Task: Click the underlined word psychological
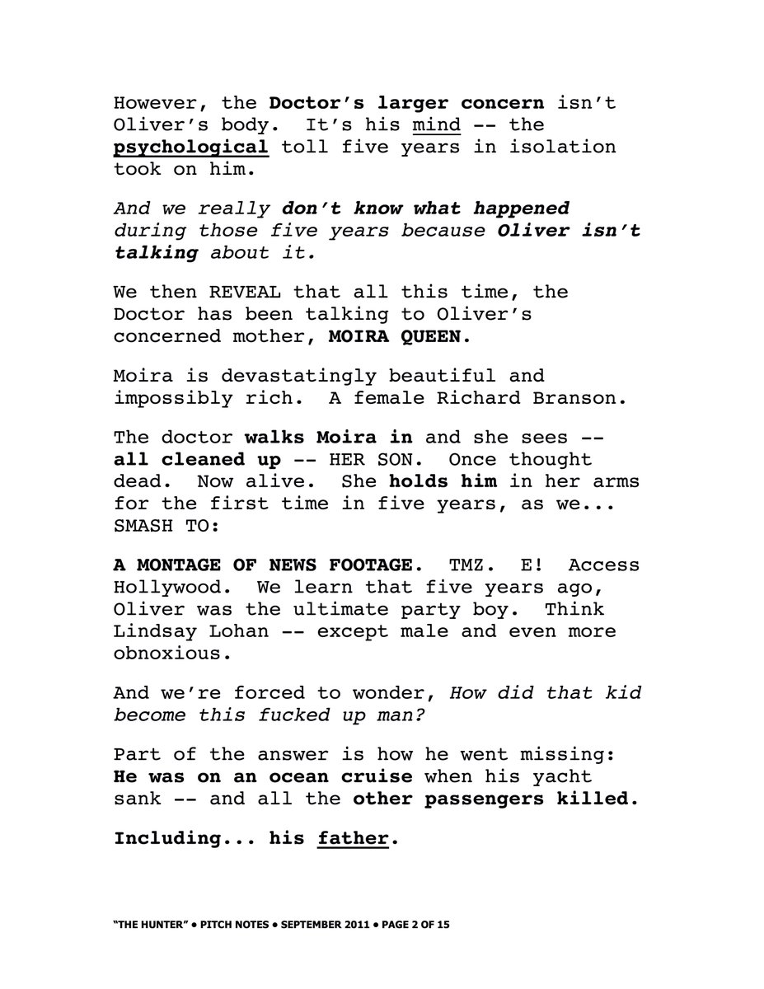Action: (190, 148)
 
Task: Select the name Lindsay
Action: (157, 632)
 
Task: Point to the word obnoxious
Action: (168, 654)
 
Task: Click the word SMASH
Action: (146, 525)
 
